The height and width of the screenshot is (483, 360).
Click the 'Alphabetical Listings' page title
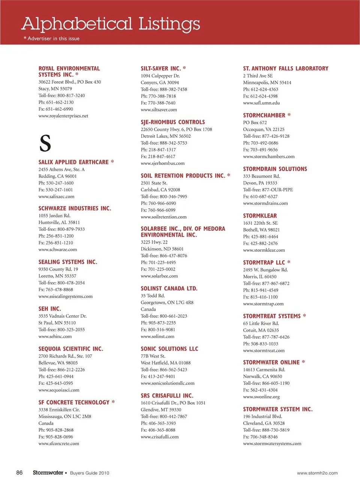click(x=111, y=24)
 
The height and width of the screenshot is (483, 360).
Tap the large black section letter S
click(x=45, y=143)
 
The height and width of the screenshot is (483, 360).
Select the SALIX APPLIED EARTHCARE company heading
click(x=73, y=162)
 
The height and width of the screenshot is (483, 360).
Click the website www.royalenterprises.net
click(x=63, y=116)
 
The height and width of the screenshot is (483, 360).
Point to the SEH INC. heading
click(x=49, y=309)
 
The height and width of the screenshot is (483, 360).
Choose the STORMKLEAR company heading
click(x=260, y=216)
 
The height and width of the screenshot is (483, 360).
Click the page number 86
click(x=19, y=473)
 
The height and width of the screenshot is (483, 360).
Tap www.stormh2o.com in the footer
click(x=317, y=473)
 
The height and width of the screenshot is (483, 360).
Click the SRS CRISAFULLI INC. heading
click(x=167, y=396)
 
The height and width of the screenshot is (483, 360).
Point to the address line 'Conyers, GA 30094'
click(x=160, y=82)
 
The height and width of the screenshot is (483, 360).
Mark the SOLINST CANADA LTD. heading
click(x=169, y=289)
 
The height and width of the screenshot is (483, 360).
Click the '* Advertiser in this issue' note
click(x=51, y=39)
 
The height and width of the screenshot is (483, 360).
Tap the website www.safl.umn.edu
click(x=261, y=103)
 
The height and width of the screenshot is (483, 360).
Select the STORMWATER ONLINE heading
click(x=271, y=362)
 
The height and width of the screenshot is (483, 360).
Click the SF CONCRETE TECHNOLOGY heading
click(x=74, y=402)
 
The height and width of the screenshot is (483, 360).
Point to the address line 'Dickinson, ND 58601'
click(x=162, y=249)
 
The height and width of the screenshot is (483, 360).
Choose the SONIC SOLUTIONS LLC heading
click(x=169, y=349)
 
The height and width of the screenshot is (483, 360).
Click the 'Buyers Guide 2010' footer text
click(x=90, y=473)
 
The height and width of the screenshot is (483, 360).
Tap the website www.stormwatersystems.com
click(x=272, y=443)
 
